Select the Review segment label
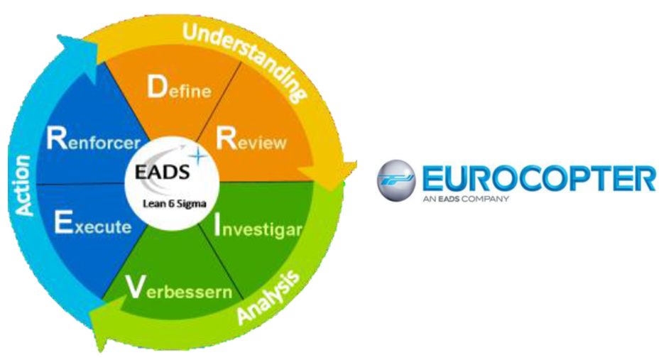tap(251, 138)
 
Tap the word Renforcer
tap(94, 138)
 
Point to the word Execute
tap(93, 223)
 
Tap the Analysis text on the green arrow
tap(268, 297)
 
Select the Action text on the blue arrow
tap(22, 185)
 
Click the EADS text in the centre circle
tap(162, 172)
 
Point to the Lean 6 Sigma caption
tap(174, 204)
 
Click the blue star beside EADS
tap(198, 156)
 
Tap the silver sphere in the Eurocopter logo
tap(396, 180)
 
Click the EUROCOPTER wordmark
tap(539, 178)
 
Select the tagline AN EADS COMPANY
tap(466, 199)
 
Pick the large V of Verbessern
tap(135, 287)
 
